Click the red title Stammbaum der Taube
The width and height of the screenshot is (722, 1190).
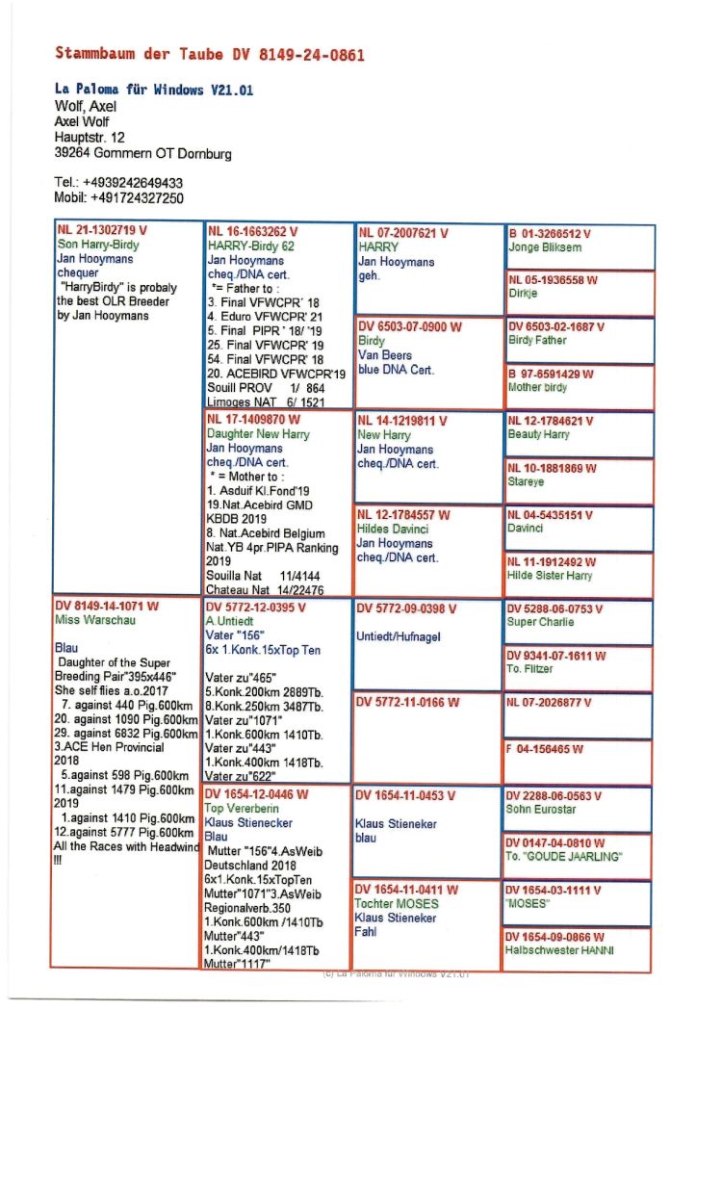[210, 55]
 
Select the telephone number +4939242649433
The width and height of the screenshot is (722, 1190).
[132, 183]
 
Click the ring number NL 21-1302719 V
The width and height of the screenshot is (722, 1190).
[101, 231]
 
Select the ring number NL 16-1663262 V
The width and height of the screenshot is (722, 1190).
[252, 232]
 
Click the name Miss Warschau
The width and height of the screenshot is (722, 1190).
[96, 620]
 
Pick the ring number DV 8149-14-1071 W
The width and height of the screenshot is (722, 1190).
[107, 607]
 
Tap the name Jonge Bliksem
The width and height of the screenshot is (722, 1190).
[545, 247]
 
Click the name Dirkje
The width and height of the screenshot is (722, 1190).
[523, 294]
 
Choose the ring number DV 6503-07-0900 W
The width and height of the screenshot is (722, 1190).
[409, 326]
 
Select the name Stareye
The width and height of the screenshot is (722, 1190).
[526, 481]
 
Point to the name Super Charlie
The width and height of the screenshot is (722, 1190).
[541, 622]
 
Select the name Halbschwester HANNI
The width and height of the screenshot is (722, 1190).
[560, 950]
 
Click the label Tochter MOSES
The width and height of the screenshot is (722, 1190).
[397, 903]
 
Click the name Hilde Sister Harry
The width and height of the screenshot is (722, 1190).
[551, 576]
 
